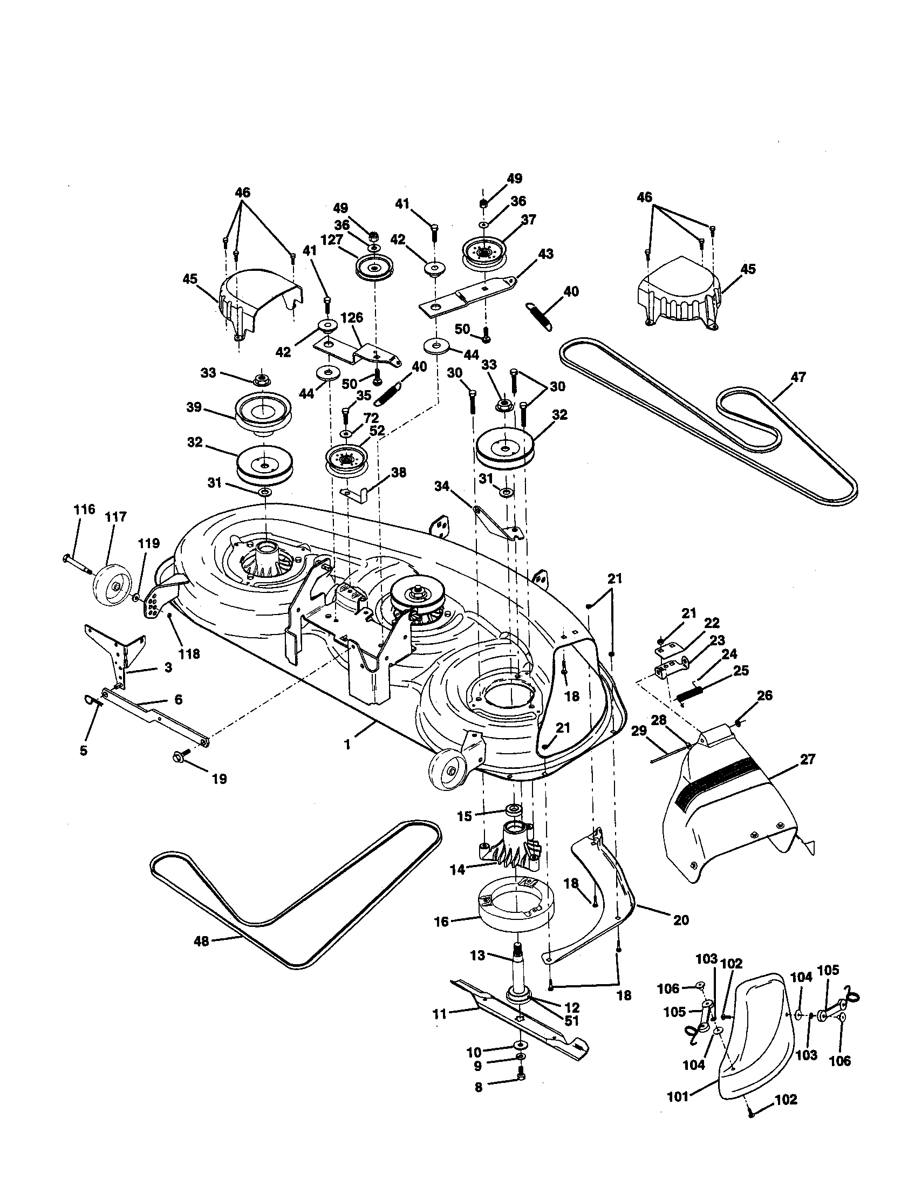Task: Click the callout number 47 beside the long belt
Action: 798,377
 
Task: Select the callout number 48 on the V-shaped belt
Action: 201,942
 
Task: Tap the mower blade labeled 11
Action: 522,1017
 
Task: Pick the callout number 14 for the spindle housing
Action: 458,870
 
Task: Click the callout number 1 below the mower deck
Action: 347,745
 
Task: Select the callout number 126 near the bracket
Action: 352,317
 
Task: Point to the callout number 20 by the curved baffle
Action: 680,919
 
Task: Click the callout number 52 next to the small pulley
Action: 377,430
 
